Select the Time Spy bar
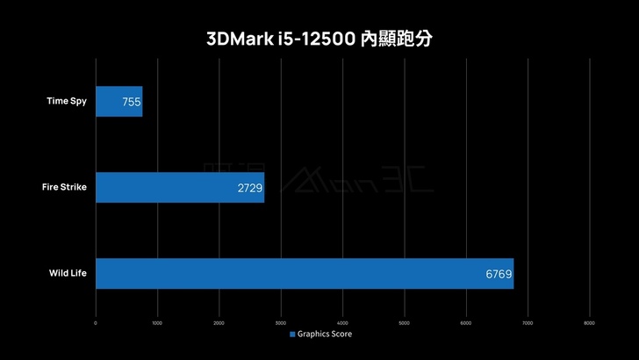pyautogui.click(x=118, y=101)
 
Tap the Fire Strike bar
pyautogui.click(x=180, y=187)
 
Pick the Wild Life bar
pyautogui.click(x=304, y=273)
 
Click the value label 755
pyautogui.click(x=132, y=102)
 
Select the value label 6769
pyautogui.click(x=499, y=274)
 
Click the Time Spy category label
pyautogui.click(x=67, y=101)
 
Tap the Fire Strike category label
pyautogui.click(x=64, y=187)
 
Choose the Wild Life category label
pyautogui.click(x=67, y=273)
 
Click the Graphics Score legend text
pyautogui.click(x=325, y=334)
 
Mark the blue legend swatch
pyautogui.click(x=292, y=334)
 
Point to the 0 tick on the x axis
pyautogui.click(x=96, y=321)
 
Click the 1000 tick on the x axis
pyautogui.click(x=157, y=321)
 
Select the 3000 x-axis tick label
pyautogui.click(x=281, y=321)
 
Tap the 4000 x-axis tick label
pyautogui.click(x=342, y=321)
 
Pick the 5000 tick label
pyautogui.click(x=404, y=321)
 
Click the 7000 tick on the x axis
pyautogui.click(x=528, y=321)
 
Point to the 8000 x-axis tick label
pyautogui.click(x=589, y=321)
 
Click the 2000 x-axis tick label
pyautogui.click(x=219, y=321)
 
